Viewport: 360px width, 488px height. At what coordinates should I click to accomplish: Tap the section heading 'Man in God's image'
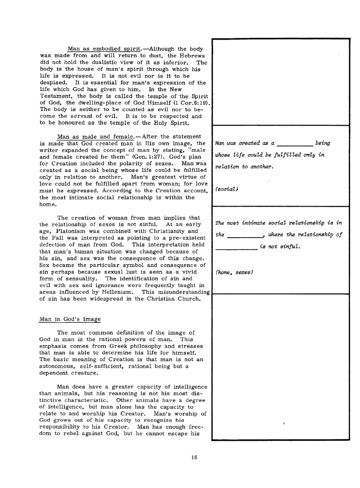[x=70, y=319]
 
